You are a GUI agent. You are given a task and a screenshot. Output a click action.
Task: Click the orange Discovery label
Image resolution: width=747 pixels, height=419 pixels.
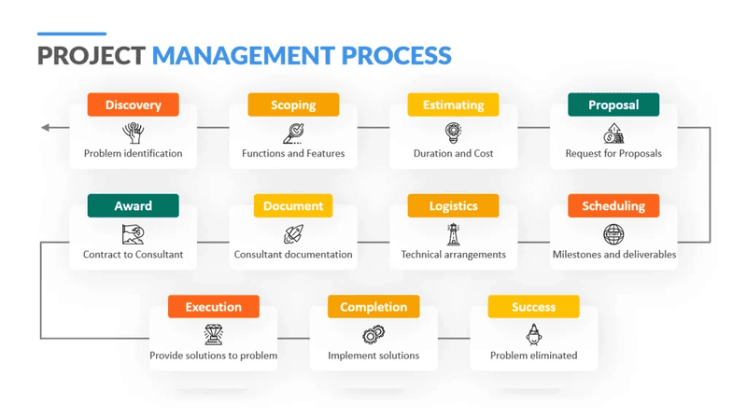[133, 105]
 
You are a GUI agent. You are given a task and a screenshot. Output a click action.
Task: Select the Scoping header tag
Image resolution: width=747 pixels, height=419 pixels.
[293, 105]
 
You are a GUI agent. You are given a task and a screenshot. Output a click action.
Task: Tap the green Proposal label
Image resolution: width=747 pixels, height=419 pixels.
[613, 105]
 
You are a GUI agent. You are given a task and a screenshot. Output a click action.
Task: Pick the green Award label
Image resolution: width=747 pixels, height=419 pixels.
[133, 205]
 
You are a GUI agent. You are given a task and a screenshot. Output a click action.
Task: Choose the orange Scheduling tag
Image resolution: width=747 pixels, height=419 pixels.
[613, 205]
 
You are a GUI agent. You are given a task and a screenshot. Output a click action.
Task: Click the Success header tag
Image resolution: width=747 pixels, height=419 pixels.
[533, 307]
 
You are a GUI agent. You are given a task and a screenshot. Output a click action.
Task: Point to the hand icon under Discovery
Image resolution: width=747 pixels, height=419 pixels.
[134, 133]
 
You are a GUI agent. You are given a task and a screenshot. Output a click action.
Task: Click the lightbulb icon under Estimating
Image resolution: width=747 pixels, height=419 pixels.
[453, 133]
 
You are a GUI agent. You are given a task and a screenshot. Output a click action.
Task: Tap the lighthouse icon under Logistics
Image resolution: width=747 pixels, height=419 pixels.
[453, 234]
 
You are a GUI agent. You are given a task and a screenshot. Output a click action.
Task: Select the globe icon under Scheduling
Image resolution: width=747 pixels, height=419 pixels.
[613, 234]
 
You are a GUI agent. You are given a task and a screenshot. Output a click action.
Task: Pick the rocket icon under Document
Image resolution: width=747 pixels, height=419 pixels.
[293, 234]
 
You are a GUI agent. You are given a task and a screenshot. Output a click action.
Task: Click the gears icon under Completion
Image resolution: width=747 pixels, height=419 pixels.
[373, 335]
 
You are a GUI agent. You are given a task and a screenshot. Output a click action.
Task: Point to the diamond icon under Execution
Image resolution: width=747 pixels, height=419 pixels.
[214, 334]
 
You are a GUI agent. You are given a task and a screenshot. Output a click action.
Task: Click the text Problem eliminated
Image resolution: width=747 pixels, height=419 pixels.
[533, 356]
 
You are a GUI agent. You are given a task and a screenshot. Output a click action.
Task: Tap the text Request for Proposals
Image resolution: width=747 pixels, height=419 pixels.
[613, 154]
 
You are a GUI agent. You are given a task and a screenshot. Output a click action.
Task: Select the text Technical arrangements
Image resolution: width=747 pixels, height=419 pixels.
[453, 255]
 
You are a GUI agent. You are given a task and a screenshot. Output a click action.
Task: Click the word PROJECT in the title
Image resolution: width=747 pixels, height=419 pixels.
[92, 56]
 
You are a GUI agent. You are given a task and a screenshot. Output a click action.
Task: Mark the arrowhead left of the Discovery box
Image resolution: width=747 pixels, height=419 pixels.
[45, 128]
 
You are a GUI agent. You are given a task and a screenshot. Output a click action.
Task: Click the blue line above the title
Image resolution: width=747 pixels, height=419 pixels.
[72, 34]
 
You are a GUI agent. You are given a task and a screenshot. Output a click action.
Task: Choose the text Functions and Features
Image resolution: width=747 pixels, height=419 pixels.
[293, 154]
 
